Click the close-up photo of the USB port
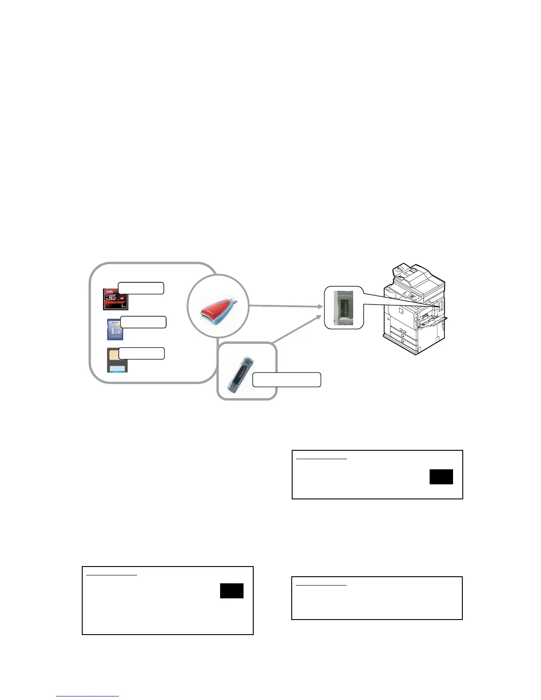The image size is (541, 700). point(344,308)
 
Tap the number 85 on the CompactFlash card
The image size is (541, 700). point(112,297)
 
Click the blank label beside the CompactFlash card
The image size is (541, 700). point(141,288)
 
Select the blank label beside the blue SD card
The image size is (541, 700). point(143,322)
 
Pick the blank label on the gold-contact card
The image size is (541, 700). point(141,353)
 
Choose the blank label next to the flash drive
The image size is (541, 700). point(286,380)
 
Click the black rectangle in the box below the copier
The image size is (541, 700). point(441,477)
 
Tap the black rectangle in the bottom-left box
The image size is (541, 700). point(232,591)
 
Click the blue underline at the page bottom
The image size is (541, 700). point(88,696)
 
